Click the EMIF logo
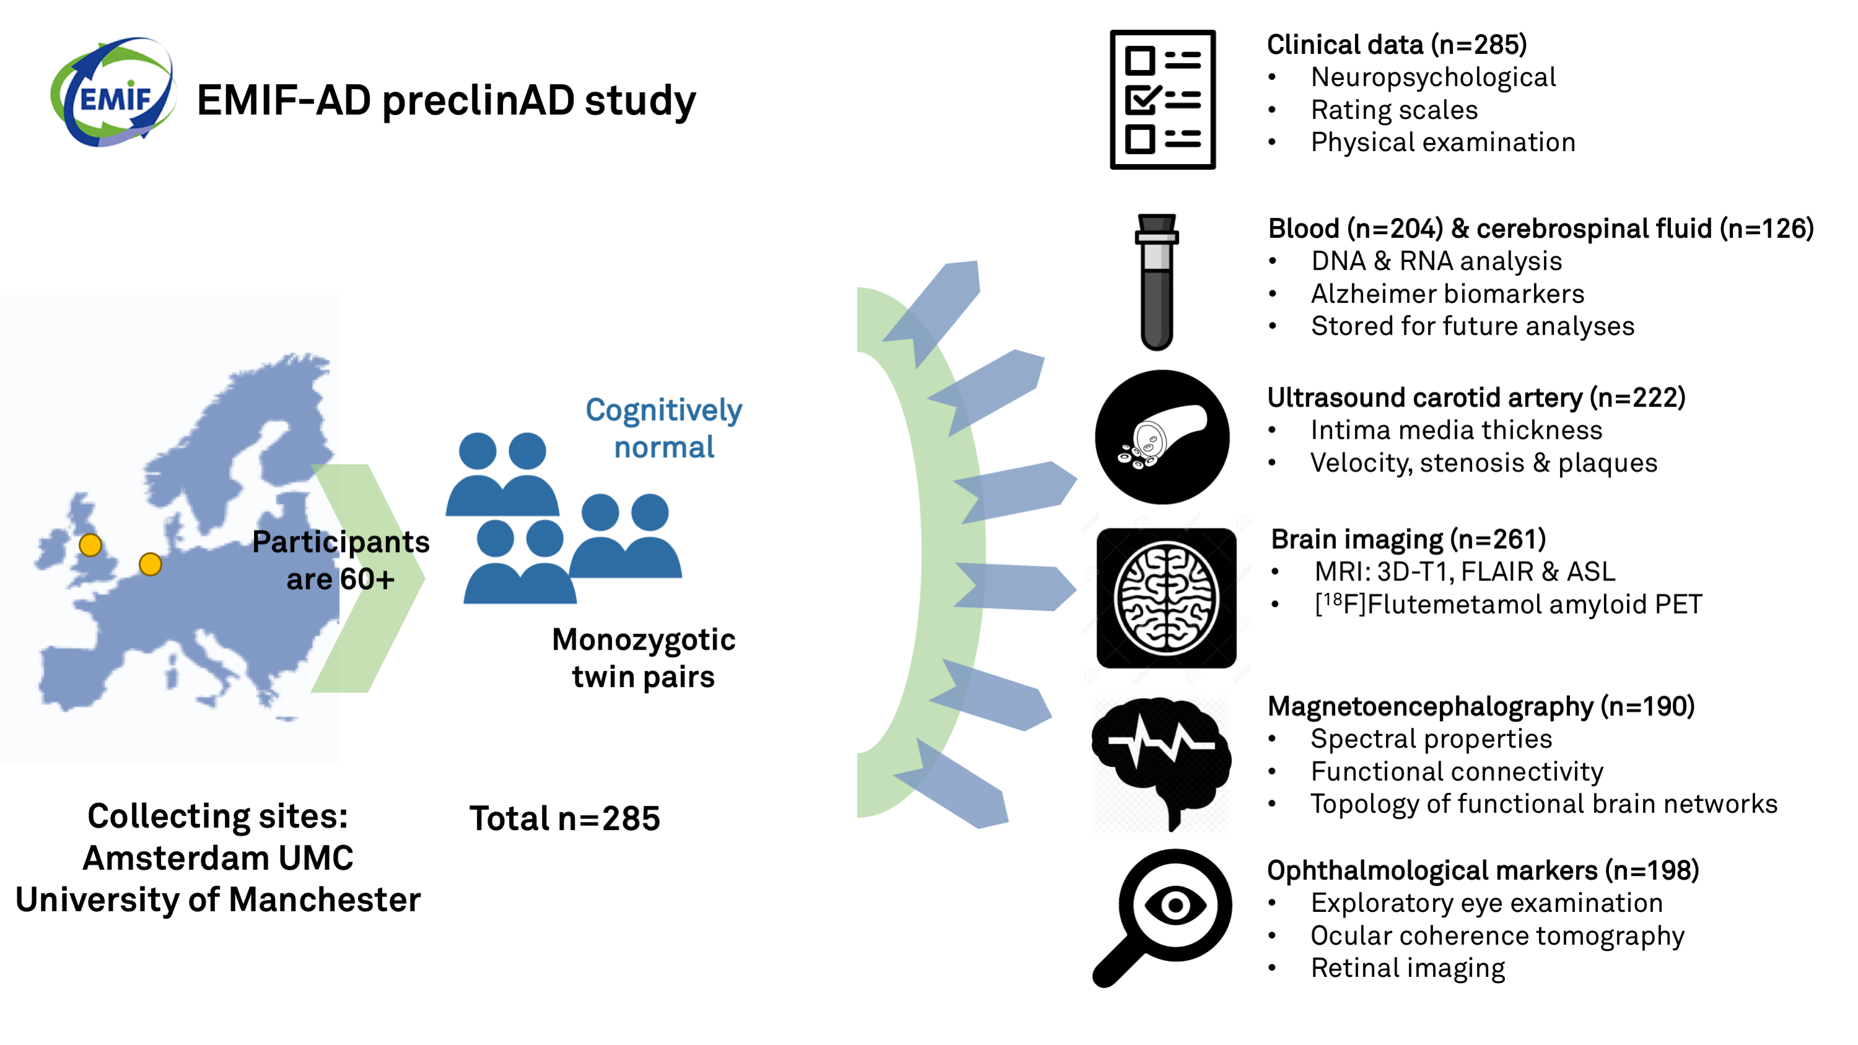[x=113, y=92]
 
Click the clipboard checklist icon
[x=1162, y=100]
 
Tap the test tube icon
[x=1156, y=282]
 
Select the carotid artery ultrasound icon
[x=1162, y=437]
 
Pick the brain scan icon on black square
[x=1167, y=598]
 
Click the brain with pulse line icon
[x=1161, y=764]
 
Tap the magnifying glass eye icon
[x=1162, y=917]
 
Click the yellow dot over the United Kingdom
[x=90, y=545]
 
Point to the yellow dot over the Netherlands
[x=150, y=564]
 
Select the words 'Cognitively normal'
[x=664, y=429]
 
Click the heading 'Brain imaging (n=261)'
[x=1408, y=540]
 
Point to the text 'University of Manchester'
[x=218, y=900]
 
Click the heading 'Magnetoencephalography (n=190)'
[x=1481, y=707]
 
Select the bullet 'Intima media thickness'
[x=1457, y=431]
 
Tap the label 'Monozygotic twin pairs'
[x=643, y=658]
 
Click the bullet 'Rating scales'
[x=1394, y=110]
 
